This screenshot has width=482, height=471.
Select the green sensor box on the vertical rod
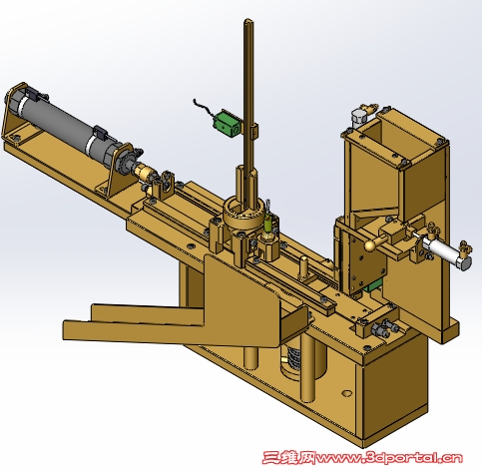(227, 124)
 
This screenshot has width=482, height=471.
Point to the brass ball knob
(371, 245)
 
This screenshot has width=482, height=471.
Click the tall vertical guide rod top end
(248, 21)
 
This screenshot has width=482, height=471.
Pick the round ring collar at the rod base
(243, 214)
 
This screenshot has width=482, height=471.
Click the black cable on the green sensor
(204, 108)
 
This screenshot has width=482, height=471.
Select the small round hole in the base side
(347, 393)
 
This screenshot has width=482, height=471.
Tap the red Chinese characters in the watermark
(288, 458)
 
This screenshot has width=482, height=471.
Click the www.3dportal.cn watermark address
(389, 458)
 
